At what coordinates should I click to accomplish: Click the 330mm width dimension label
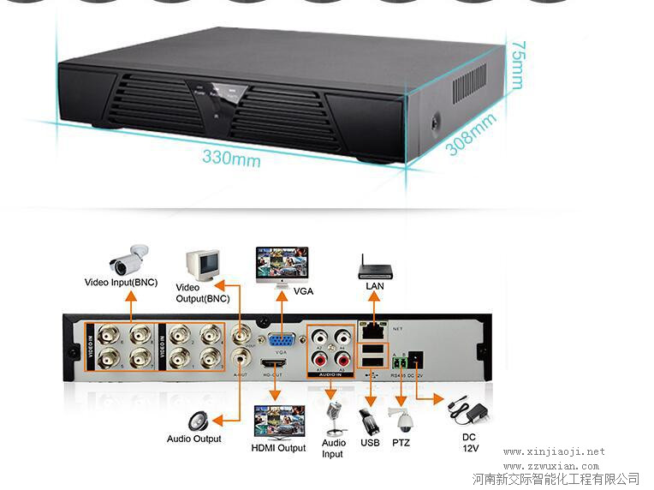[x=231, y=158]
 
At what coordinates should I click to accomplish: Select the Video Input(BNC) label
[x=121, y=282]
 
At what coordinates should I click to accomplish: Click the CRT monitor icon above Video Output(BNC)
[x=201, y=265]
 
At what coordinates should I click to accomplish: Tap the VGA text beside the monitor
[x=303, y=291]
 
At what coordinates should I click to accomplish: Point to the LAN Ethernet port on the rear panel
[x=373, y=328]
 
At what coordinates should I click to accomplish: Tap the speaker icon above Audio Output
[x=198, y=421]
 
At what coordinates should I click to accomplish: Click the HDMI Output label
[x=278, y=448]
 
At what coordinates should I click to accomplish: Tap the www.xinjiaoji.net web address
[x=554, y=451]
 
